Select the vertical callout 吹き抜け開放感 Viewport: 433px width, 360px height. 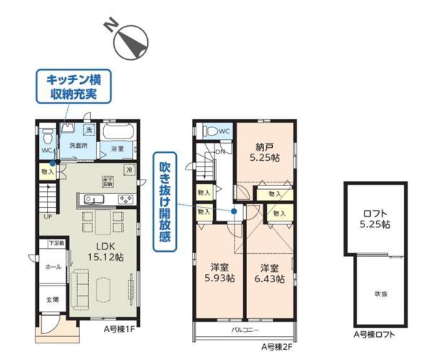point(165,206)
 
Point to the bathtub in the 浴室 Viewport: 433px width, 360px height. point(115,134)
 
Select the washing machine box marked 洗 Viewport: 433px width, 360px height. point(89,130)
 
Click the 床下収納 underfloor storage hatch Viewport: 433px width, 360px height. point(108,181)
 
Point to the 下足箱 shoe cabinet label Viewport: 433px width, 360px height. point(56,244)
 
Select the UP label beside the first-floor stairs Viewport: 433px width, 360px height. point(47,216)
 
